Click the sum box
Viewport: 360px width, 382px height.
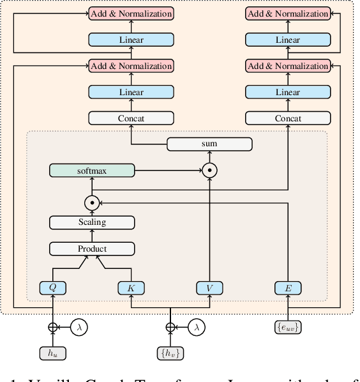(209, 144)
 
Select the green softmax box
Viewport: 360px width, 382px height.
(92, 171)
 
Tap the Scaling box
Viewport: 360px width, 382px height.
(92, 222)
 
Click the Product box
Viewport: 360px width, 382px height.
(92, 248)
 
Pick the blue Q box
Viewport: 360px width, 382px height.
(53, 288)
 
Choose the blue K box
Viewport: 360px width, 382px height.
(131, 288)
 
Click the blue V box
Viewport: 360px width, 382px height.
(209, 288)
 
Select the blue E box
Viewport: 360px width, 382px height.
(287, 288)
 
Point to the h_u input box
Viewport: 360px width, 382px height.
(53, 353)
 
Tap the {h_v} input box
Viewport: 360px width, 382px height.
(170, 353)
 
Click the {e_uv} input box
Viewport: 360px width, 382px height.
(287, 327)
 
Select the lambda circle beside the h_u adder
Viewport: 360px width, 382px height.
(79, 327)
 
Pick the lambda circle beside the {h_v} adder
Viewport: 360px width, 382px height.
(196, 327)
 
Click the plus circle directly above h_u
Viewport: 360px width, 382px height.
(53, 327)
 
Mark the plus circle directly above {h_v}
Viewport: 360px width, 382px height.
(170, 327)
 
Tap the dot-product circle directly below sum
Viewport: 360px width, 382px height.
(209, 171)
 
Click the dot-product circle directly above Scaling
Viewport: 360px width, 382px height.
(92, 202)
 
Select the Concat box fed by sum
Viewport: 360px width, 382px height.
(131, 118)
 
